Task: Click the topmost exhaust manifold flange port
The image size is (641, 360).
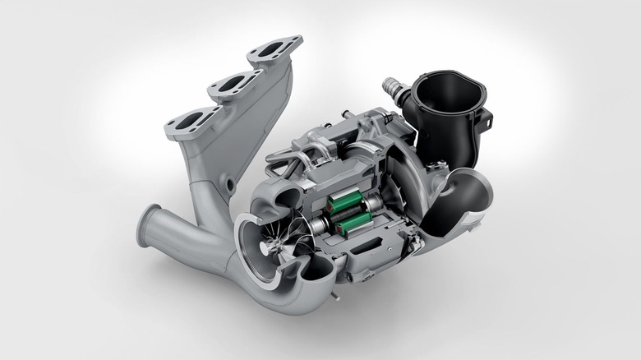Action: point(274,50)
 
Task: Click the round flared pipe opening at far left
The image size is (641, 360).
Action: point(148,226)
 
